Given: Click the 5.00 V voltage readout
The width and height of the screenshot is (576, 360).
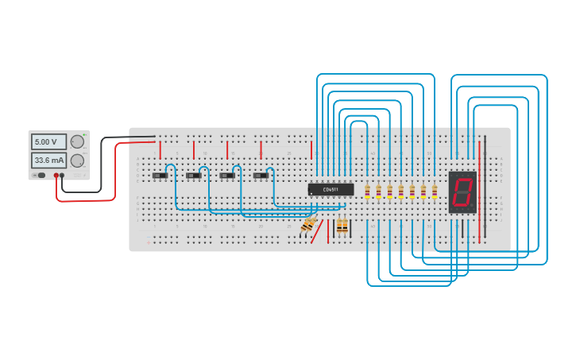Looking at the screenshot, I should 48,141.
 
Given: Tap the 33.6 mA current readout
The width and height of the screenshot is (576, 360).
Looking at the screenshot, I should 48,160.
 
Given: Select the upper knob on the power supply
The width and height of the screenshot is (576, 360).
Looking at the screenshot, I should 77,141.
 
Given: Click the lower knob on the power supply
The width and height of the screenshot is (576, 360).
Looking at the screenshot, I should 77,161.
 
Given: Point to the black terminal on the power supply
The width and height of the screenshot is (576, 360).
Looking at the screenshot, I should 63,175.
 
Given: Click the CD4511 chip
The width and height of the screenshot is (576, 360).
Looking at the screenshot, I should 331,189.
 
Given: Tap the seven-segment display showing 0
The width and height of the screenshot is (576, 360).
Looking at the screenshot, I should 462,192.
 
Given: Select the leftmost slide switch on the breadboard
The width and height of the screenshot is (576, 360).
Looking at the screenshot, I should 160,176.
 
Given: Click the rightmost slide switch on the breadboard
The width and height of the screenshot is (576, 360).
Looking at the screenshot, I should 261,176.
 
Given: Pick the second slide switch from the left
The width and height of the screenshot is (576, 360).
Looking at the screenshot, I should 194,176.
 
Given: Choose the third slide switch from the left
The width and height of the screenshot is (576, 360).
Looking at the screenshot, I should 227,176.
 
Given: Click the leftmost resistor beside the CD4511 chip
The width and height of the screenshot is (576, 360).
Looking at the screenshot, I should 367,191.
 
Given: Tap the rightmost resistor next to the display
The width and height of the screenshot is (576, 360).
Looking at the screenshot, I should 435,191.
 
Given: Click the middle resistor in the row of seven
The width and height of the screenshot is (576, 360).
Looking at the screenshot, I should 401,191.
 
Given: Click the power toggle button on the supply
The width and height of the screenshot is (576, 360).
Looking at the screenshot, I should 37,175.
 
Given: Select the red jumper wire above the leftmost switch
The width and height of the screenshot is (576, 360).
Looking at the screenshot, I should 160,149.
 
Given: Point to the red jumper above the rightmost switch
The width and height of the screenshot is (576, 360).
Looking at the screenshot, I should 261,149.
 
